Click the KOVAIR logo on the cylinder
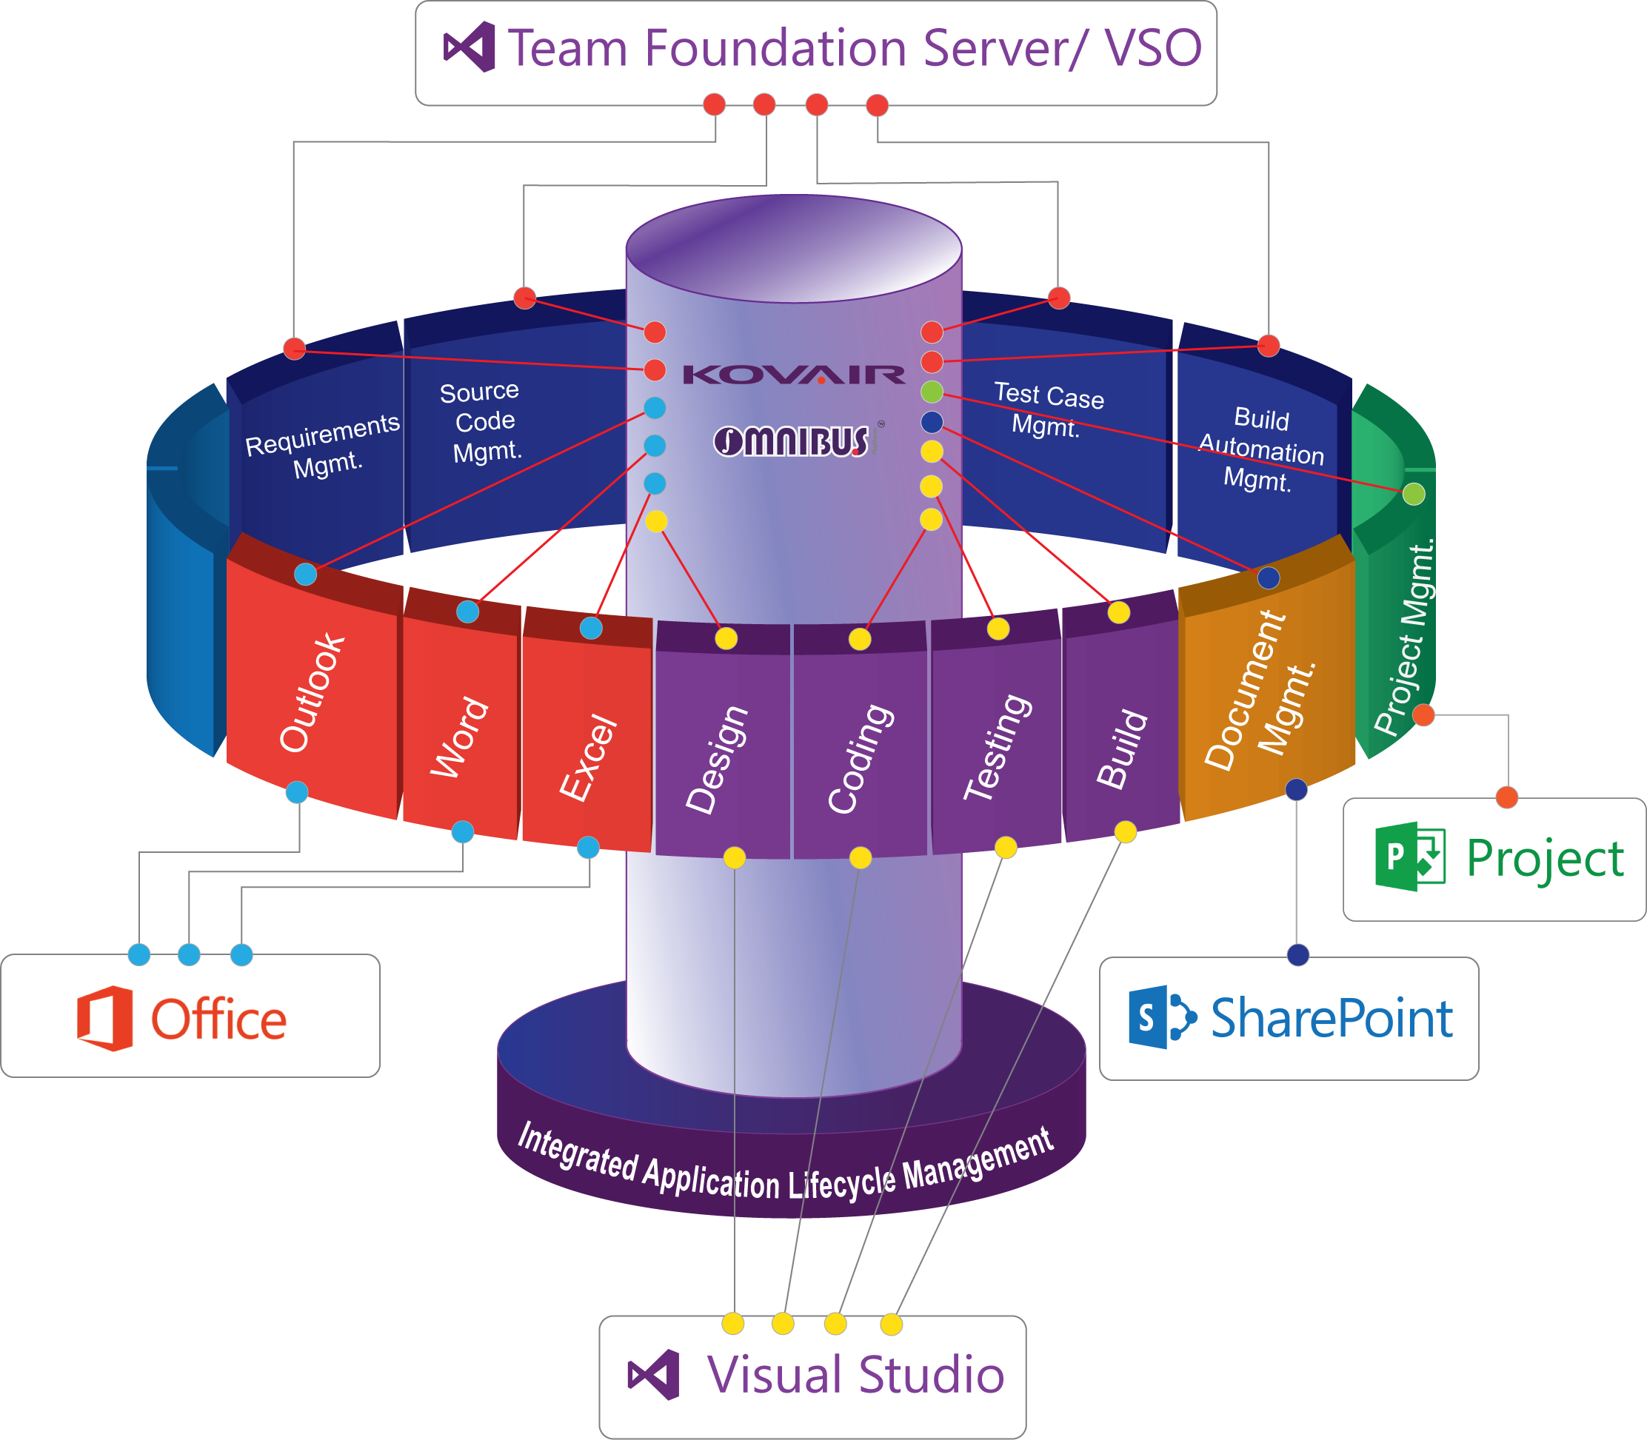(793, 375)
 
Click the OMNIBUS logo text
(792, 441)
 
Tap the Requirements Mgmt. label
(324, 446)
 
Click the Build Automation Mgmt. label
(1260, 450)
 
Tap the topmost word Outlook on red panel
(312, 693)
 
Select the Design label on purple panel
(716, 760)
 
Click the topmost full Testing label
(998, 747)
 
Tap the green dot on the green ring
(1414, 495)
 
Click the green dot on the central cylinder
(932, 392)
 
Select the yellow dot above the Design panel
(726, 639)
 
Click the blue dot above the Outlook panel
(305, 575)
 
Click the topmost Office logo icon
(104, 1018)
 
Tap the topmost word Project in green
(1545, 859)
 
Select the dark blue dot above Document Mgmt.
(1269, 577)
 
